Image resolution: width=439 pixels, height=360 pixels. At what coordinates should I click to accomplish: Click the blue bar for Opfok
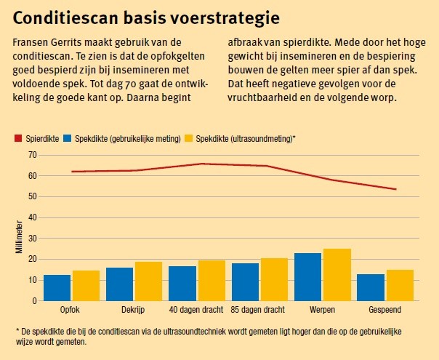[x=57, y=288]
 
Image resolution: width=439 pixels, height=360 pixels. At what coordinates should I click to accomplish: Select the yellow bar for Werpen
[x=337, y=275]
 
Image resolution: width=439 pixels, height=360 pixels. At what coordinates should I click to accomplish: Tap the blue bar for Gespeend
[x=371, y=287]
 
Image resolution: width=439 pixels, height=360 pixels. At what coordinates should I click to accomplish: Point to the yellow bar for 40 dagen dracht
[x=212, y=281]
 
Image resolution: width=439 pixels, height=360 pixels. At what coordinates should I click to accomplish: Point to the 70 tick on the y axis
[x=32, y=155]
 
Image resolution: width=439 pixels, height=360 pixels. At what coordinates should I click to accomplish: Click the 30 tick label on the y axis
[x=32, y=239]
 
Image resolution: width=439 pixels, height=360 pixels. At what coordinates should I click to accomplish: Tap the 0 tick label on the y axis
[x=34, y=301]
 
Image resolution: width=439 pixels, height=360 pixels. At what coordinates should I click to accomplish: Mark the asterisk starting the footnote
[x=15, y=331]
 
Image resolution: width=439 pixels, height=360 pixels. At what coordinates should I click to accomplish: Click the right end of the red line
[x=396, y=189]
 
